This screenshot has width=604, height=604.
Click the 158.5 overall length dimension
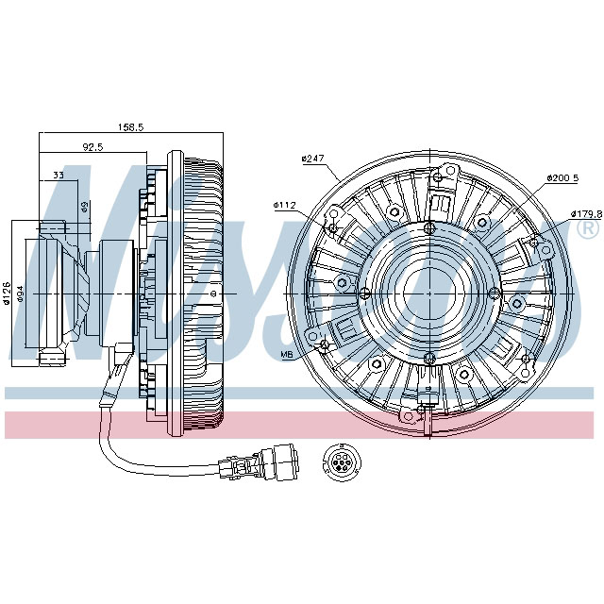[130, 127]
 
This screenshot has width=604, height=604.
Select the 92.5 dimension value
[92, 147]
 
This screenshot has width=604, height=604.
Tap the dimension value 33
[59, 176]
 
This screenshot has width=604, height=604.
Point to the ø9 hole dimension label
[84, 206]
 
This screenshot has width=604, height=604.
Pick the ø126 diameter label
[7, 294]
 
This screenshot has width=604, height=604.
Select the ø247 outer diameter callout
[312, 159]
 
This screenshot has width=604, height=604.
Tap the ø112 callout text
[286, 204]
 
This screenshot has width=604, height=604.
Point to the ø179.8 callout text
[585, 213]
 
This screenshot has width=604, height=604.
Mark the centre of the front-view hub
[429, 291]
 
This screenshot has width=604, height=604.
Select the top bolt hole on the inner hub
[429, 227]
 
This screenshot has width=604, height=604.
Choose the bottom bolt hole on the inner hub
[429, 355]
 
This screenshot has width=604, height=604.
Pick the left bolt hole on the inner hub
[366, 291]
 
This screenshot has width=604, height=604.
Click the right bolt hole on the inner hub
[493, 291]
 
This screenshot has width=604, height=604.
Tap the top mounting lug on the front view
[441, 180]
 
